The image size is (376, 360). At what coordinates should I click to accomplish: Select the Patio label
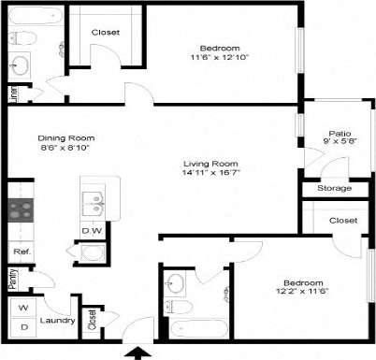pyautogui.click(x=340, y=133)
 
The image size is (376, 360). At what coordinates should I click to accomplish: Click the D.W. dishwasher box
pyautogui.click(x=92, y=230)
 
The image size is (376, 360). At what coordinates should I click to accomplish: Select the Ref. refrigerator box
pyautogui.click(x=20, y=252)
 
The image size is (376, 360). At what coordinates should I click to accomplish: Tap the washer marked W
pyautogui.click(x=23, y=308)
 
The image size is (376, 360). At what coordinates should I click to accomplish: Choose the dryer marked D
pyautogui.click(x=23, y=327)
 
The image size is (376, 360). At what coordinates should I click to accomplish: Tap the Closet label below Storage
pyautogui.click(x=343, y=220)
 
